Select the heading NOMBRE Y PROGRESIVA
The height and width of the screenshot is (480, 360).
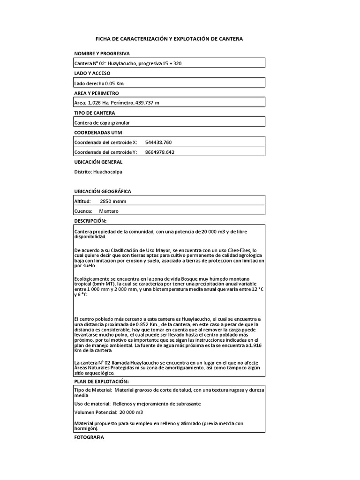(102, 53)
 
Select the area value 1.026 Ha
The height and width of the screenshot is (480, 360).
(99, 103)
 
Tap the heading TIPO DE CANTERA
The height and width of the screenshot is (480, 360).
(94, 113)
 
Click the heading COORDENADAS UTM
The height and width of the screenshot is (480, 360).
(98, 133)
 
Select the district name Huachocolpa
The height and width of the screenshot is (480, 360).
(108, 172)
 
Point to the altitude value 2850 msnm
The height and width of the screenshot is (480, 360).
(113, 201)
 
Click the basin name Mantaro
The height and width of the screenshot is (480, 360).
(109, 211)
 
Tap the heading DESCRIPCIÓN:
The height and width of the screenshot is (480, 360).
(90, 220)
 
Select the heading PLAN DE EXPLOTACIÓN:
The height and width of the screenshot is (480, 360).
(101, 382)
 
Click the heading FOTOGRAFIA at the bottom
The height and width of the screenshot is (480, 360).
(89, 437)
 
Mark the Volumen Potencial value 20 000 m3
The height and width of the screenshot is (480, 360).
(131, 412)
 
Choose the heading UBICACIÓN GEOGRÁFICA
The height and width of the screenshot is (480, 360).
(102, 191)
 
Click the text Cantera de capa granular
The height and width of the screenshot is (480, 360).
(102, 122)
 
